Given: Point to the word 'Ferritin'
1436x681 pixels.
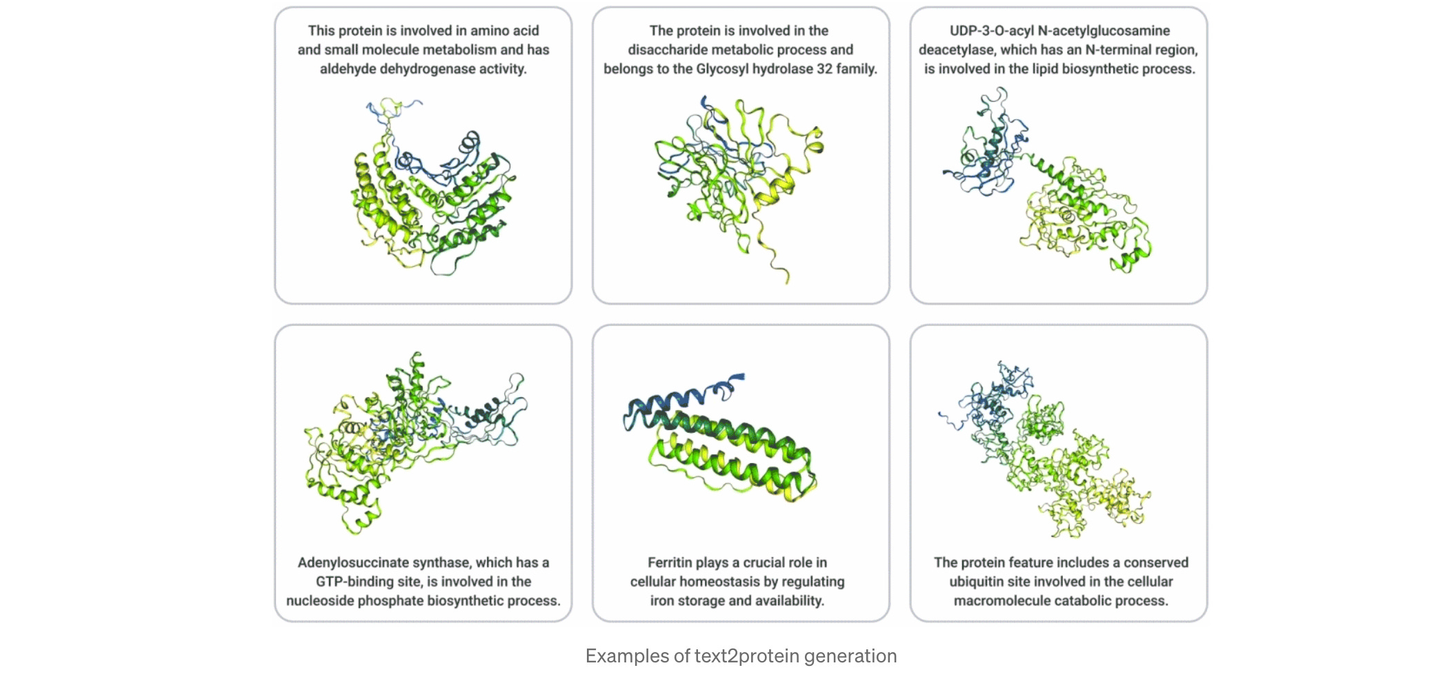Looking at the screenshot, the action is click(x=671, y=562).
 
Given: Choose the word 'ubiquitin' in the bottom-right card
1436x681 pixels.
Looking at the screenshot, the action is click(x=980, y=582).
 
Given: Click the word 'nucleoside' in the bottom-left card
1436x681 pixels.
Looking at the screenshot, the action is click(x=320, y=601).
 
